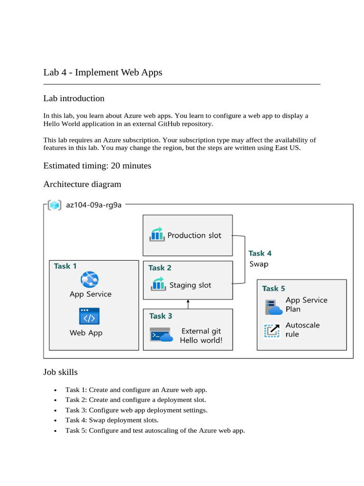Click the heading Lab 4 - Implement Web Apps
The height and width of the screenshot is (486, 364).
click(103, 73)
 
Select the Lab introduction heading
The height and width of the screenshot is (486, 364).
click(74, 99)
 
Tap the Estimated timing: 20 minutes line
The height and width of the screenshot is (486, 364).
click(97, 166)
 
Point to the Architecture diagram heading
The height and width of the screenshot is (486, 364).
click(82, 184)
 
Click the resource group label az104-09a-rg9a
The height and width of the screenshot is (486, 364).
click(94, 205)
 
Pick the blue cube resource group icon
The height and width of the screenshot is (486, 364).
click(55, 206)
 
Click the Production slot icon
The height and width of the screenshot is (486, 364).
click(156, 234)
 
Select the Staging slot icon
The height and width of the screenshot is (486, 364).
click(157, 285)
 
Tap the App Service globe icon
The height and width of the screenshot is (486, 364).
click(89, 280)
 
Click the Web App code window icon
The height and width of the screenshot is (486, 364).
click(89, 316)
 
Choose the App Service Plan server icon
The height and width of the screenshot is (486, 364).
click(273, 307)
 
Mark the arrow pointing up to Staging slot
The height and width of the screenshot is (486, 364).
click(188, 304)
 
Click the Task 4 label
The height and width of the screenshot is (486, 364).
click(260, 253)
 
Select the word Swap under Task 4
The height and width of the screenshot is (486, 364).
click(259, 264)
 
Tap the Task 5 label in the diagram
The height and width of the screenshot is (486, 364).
click(273, 289)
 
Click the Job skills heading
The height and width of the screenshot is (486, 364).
click(61, 372)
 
